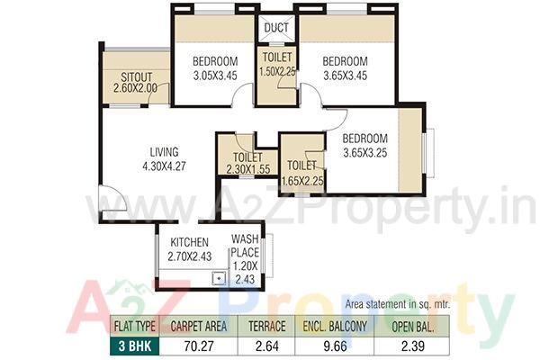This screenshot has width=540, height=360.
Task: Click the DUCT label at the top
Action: (277, 28)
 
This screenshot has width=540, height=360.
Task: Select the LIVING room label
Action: (164, 151)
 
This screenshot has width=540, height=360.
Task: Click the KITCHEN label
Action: (188, 242)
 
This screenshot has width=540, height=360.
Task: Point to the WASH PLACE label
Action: (245, 246)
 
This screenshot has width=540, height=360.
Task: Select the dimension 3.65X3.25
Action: (364, 153)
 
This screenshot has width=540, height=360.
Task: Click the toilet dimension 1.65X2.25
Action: (302, 180)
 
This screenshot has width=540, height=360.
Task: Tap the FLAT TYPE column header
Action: (135, 326)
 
